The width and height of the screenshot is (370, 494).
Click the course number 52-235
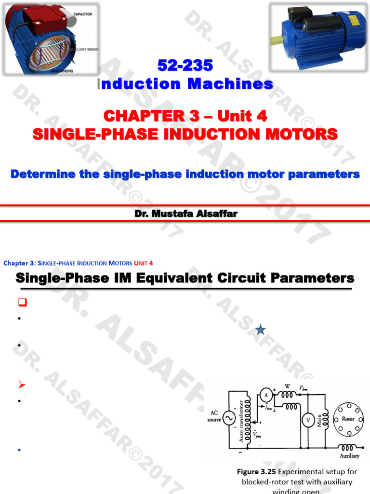point(185,66)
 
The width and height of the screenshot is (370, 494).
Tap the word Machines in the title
point(230,84)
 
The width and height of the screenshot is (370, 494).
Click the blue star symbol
point(261,330)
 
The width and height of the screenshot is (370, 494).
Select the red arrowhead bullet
point(21,384)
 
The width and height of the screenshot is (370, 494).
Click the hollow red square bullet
point(21,303)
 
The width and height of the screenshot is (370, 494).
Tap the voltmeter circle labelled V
point(308,420)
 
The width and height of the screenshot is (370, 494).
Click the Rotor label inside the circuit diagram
point(348,419)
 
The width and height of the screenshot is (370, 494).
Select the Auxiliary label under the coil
point(349,456)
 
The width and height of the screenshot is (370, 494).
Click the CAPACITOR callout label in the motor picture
point(83,14)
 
